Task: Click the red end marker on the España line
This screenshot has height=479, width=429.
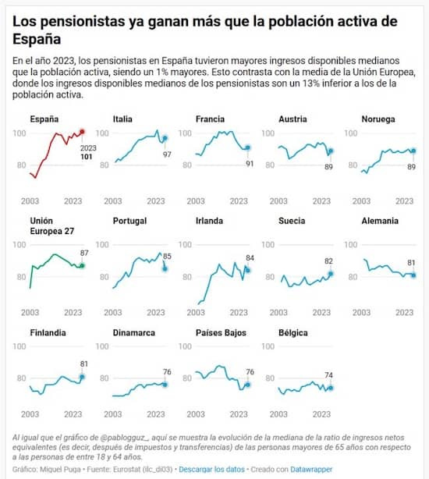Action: point(83,132)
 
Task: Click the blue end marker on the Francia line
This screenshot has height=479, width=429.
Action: point(248,147)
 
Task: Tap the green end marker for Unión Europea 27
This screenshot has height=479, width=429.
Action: point(82,266)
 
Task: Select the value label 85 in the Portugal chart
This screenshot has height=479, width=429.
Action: point(166,256)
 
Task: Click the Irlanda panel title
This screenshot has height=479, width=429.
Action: point(210,221)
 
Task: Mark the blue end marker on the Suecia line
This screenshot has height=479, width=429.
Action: point(331,274)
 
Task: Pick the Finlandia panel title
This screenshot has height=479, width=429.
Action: point(48,332)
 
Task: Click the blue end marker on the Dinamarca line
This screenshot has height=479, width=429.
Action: point(165,384)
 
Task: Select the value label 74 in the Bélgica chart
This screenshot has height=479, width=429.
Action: point(331,374)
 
